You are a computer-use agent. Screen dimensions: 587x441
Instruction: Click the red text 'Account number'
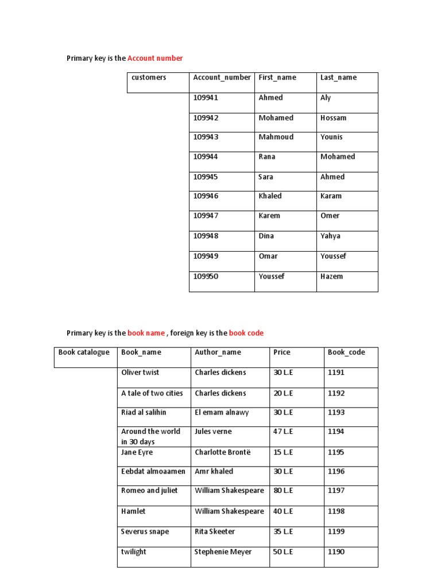155,58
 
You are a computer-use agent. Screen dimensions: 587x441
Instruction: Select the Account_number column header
222,77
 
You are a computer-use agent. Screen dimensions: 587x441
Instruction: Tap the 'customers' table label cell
149,77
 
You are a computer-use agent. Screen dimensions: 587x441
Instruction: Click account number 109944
206,156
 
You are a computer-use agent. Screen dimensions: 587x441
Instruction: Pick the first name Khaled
270,196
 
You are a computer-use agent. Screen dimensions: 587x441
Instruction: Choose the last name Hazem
331,276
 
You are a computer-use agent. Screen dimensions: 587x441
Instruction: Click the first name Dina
266,236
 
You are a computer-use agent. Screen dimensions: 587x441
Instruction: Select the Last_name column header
338,77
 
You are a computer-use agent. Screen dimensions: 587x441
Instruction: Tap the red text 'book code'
246,333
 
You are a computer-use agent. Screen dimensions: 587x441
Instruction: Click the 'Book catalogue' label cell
84,352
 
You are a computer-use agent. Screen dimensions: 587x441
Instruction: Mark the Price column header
282,353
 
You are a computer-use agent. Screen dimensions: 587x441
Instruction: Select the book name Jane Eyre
137,452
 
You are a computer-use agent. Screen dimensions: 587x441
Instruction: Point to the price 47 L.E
284,432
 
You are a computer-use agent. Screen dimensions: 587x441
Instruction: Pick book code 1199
336,531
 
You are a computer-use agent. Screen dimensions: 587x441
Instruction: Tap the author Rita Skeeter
215,531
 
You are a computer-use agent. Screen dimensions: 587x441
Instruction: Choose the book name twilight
134,552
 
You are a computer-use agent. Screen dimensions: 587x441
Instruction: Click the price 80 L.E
284,491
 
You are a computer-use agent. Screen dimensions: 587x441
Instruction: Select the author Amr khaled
214,471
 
